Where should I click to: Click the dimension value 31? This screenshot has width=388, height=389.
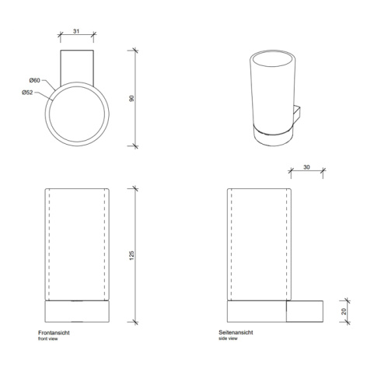coord(75,31)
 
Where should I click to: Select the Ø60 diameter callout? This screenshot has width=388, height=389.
coord(34,80)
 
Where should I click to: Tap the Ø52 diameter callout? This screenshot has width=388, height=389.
coord(27,93)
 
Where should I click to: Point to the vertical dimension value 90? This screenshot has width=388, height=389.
coord(131,98)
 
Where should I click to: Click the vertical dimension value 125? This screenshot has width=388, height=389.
coord(131,255)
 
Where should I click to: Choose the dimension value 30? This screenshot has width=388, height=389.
coord(306,167)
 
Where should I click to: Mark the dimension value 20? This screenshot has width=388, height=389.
coord(344,311)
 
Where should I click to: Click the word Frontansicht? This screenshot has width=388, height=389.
coord(54,333)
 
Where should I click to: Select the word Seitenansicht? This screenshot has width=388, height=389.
coord(236,332)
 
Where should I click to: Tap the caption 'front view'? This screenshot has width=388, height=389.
coord(48,339)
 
